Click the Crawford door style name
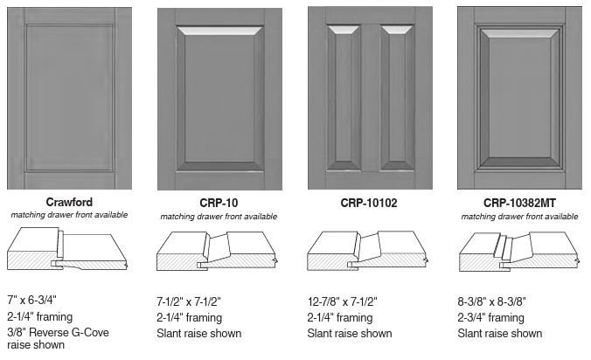tap(69, 202)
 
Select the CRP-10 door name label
tap(219, 203)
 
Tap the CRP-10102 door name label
tap(369, 203)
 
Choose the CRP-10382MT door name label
tap(519, 203)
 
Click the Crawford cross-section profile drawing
tap(67, 248)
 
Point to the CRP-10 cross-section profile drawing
tap(218, 251)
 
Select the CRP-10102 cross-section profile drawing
tap(368, 251)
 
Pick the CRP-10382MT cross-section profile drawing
tap(519, 252)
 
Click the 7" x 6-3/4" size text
tap(31, 300)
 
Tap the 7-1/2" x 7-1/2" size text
tap(189, 301)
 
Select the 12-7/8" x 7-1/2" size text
tap(342, 301)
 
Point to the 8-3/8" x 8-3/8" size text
tap(491, 301)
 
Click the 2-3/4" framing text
tap(490, 317)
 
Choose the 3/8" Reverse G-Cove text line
tap(58, 333)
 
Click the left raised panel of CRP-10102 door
tap(344, 98)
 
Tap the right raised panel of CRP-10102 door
tap(397, 98)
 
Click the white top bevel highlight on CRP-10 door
tap(219, 31)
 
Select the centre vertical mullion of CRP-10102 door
tap(370, 98)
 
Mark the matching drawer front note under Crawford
tap(69, 215)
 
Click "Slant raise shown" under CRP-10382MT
tap(500, 333)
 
